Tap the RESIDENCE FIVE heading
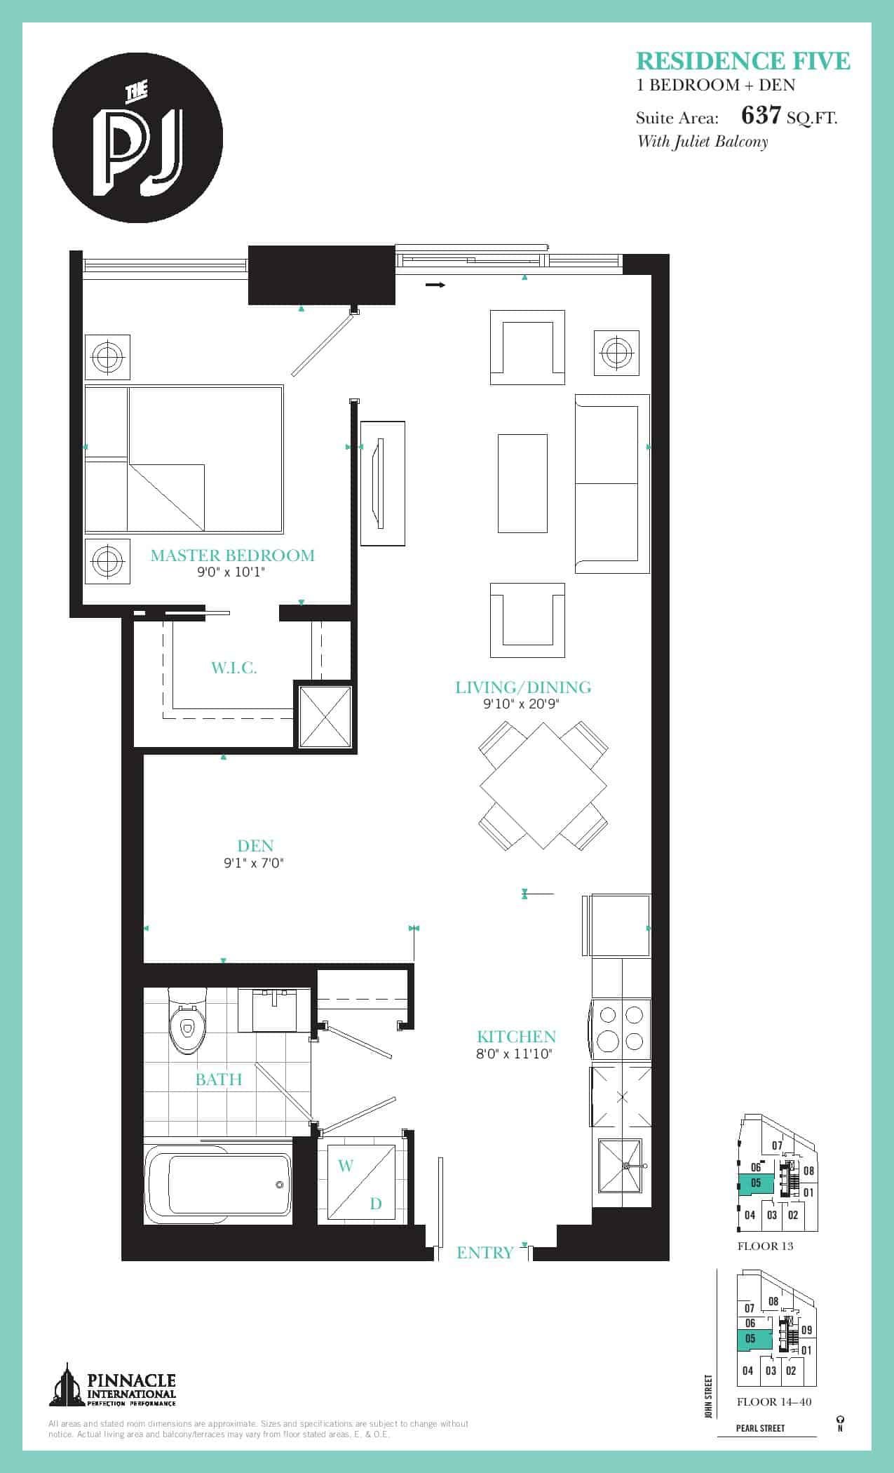[743, 62]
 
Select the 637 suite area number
[761, 115]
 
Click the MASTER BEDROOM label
[233, 556]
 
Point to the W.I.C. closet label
[234, 667]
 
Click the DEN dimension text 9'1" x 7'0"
[253, 863]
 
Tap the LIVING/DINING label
[523, 687]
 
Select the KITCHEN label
[517, 1037]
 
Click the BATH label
[219, 1079]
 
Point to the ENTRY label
[485, 1253]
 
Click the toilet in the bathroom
[188, 1021]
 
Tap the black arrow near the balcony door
[435, 285]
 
